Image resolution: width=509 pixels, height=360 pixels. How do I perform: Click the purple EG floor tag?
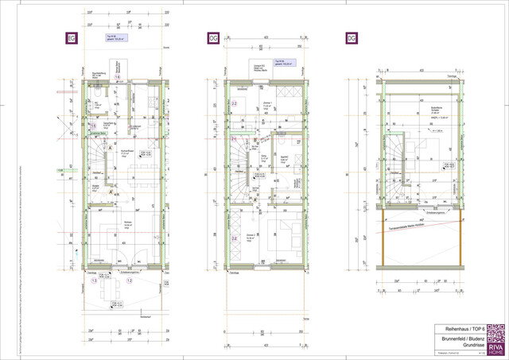71,37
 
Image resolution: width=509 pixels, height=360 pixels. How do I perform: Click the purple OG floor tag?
213,37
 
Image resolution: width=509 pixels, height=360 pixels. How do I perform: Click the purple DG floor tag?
351,37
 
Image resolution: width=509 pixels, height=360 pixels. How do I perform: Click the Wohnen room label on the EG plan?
127,223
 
